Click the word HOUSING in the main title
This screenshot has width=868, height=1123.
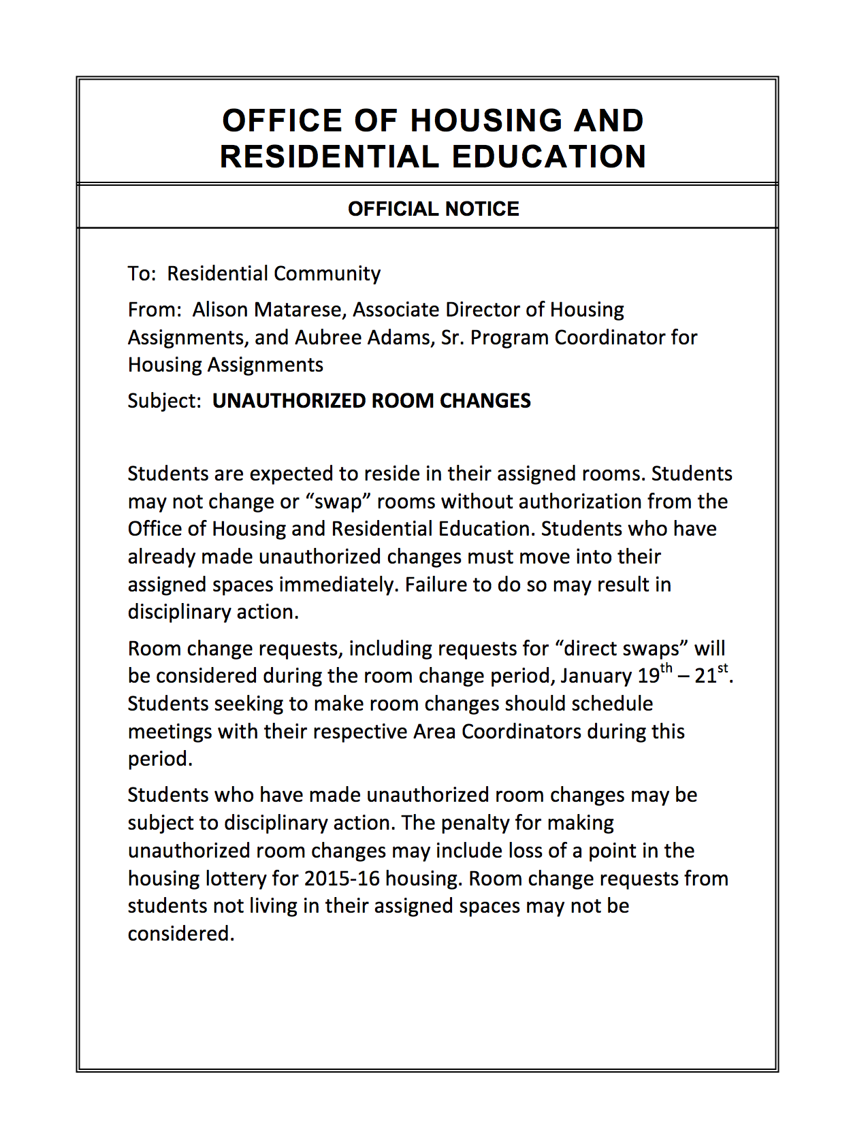486,121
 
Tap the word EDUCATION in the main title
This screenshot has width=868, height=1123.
549,157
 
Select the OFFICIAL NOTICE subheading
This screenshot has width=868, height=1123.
433,209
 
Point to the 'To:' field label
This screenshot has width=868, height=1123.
142,274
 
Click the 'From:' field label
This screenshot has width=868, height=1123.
155,310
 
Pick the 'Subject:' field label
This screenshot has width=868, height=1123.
164,401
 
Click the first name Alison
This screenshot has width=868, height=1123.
220,310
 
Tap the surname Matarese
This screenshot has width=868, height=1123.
300,310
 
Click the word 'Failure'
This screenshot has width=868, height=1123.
436,585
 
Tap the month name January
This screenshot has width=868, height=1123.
596,677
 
